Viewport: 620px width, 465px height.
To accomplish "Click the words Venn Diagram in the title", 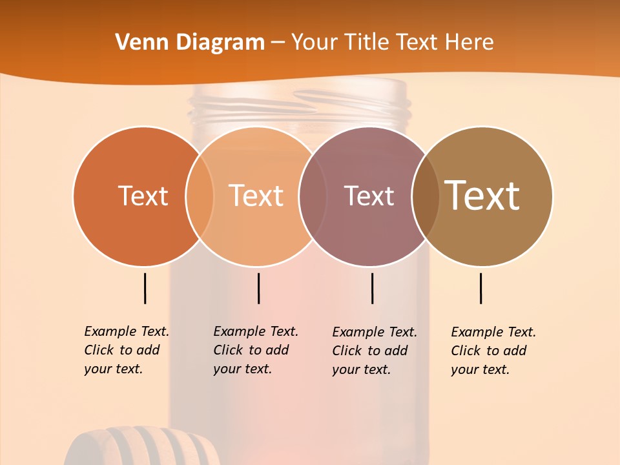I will click(x=190, y=43).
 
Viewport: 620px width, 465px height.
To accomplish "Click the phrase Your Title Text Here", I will click(x=392, y=43).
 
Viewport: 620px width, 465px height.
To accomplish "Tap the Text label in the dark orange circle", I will click(x=143, y=196).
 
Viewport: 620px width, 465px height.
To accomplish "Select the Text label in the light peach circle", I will click(x=256, y=196).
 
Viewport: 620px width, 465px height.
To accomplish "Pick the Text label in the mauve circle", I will click(x=369, y=196).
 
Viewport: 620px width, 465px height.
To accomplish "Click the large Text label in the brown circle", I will click(x=482, y=195).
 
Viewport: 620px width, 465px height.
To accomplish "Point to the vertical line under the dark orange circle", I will click(x=145, y=288).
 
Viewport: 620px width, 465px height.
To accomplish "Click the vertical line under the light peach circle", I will click(x=258, y=288).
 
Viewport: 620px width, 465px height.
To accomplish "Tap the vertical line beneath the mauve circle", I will click(x=372, y=288).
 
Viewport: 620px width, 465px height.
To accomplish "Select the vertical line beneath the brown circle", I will click(x=480, y=288).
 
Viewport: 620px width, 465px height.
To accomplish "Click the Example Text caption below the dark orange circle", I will click(x=127, y=350).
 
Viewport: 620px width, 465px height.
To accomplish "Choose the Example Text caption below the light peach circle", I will click(x=256, y=350).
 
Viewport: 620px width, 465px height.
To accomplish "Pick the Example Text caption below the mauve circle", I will click(x=375, y=351).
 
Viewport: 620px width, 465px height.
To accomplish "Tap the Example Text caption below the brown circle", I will click(x=493, y=351).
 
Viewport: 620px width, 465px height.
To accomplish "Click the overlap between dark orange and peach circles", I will click(x=200, y=196).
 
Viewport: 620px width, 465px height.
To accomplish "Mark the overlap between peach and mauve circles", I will click(x=313, y=196).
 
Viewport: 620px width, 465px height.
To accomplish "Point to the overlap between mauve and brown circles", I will click(x=425, y=196).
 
